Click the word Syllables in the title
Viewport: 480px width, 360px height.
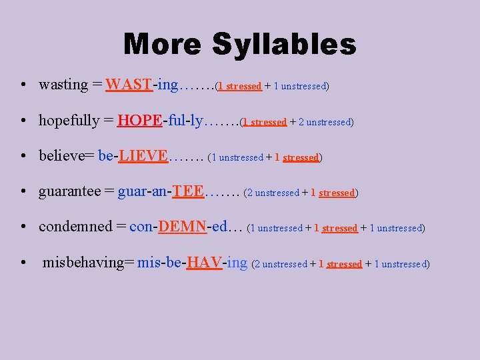tap(285, 45)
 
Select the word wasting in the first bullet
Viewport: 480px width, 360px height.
tap(63, 85)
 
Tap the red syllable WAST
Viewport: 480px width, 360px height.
tap(129, 85)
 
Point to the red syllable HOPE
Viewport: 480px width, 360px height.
tap(139, 121)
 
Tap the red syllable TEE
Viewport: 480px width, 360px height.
tap(188, 191)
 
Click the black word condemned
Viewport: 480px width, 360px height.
tap(75, 227)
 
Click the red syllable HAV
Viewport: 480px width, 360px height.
tap(205, 263)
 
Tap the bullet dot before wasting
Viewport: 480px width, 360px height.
tap(23, 85)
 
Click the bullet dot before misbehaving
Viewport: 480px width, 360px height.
tap(23, 263)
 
